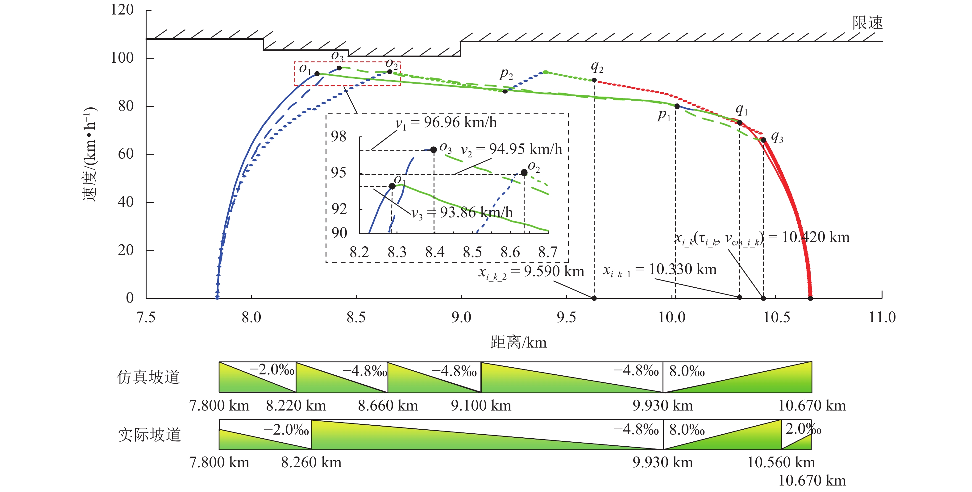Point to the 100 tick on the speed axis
tap(122, 58)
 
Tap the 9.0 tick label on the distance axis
tap(461, 318)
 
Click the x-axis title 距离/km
tap(518, 343)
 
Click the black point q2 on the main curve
tap(594, 80)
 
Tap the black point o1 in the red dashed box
tap(317, 73)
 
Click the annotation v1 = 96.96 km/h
tap(446, 123)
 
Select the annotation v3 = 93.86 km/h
tap(462, 213)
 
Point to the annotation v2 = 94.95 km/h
tap(511, 150)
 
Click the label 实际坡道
tap(149, 435)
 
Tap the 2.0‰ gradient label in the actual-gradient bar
tap(803, 429)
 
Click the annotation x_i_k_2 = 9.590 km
tap(531, 272)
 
